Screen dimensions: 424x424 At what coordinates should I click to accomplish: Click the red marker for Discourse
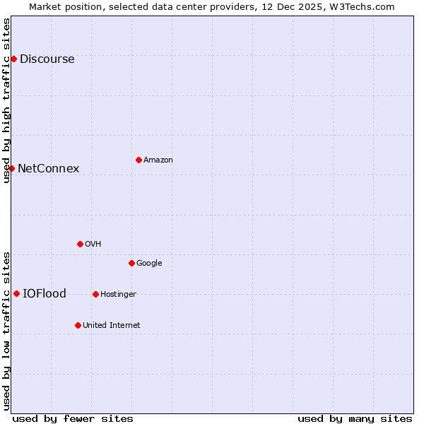pos(13,59)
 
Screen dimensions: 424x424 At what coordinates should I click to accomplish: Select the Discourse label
pos(47,59)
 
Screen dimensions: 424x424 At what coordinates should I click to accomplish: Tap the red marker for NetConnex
pos(11,168)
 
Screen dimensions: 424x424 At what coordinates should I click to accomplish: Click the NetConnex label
pos(48,169)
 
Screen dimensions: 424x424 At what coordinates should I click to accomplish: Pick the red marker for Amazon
pos(139,160)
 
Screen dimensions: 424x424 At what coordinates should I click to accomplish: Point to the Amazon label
pos(158,160)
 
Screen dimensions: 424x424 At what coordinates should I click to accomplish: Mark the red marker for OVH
pos(80,244)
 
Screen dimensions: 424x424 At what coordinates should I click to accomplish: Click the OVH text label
pos(93,245)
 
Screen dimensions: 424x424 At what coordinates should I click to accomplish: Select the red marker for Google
pos(131,263)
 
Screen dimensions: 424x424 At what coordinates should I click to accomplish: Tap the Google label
pos(149,264)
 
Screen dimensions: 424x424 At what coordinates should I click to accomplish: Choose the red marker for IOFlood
pos(16,293)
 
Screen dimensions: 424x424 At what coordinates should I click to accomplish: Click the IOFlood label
pos(45,294)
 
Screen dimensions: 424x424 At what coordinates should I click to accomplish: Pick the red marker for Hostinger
pos(95,294)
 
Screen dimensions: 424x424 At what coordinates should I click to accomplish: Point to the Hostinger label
pos(118,295)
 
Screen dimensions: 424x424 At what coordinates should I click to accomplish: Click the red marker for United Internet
pos(78,325)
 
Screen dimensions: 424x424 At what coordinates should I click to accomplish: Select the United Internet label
pos(111,326)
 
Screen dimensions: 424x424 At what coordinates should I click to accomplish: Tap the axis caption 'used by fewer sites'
pos(73,419)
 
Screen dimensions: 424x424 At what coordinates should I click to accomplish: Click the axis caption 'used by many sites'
pos(355,419)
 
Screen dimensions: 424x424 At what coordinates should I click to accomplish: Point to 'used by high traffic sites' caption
pos(7,100)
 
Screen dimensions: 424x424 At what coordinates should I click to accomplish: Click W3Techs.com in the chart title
pos(361,6)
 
